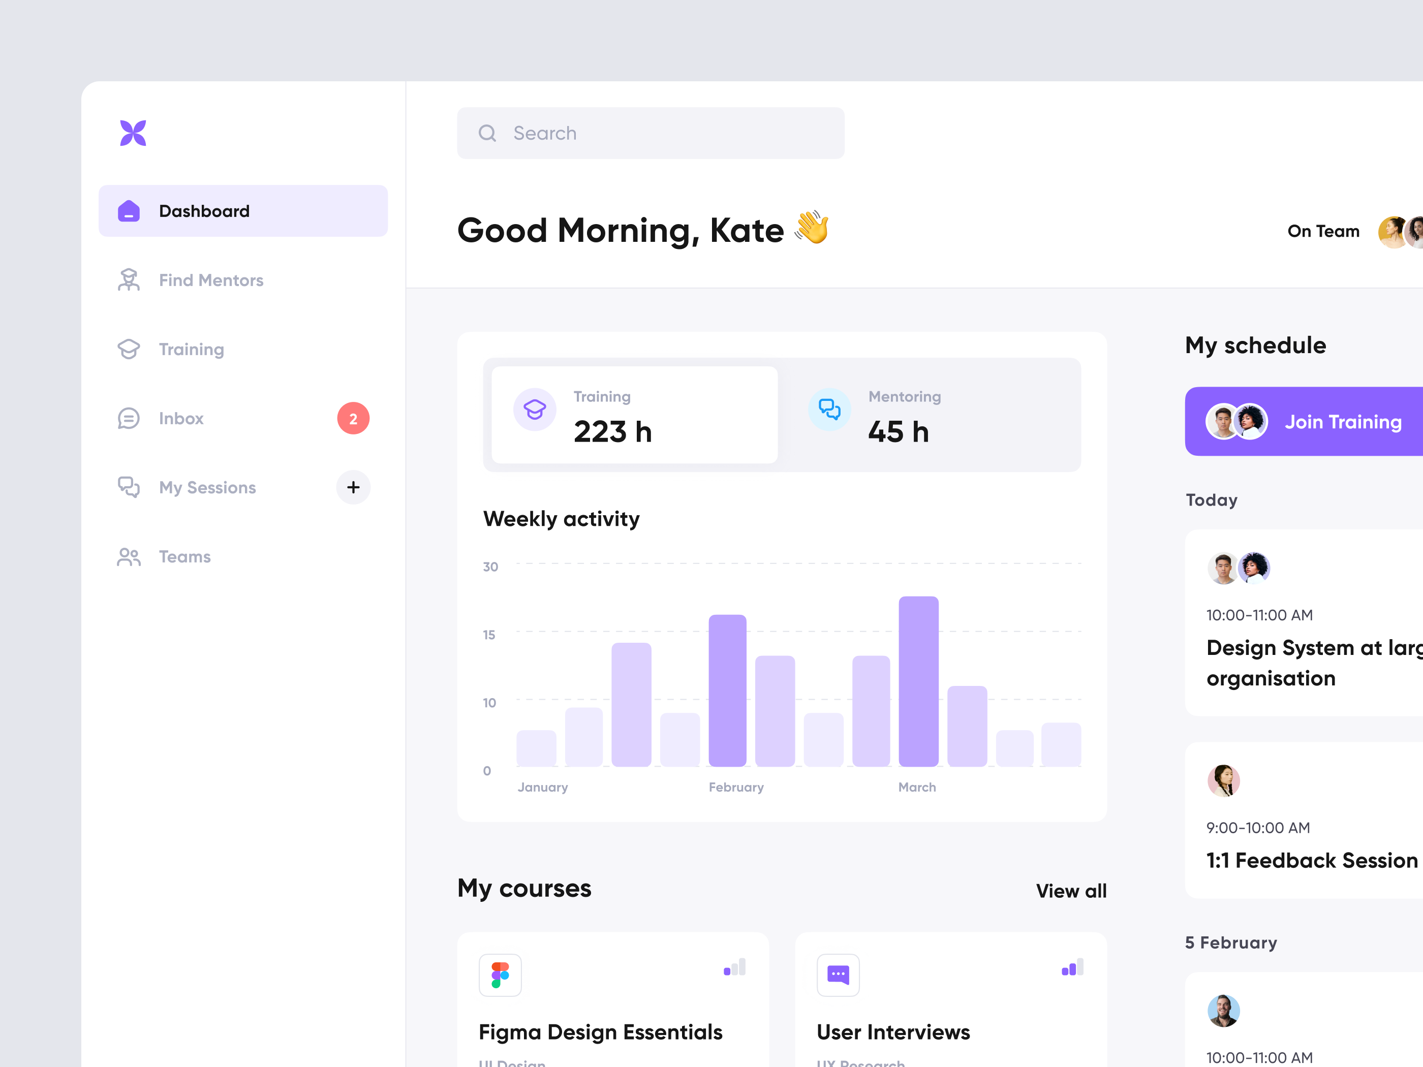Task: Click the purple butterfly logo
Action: [133, 133]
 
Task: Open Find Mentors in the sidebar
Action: [210, 280]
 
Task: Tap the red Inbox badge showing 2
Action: [353, 419]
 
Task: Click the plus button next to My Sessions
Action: [353, 487]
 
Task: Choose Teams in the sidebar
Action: [184, 556]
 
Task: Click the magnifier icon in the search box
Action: [487, 133]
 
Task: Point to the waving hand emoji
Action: [811, 228]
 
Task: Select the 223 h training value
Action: [612, 431]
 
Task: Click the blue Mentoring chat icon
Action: [829, 409]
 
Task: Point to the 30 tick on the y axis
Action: [490, 567]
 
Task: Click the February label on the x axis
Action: [736, 787]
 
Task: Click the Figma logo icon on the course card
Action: [500, 975]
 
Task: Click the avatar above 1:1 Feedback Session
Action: [1223, 781]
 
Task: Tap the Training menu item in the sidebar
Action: [191, 349]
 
